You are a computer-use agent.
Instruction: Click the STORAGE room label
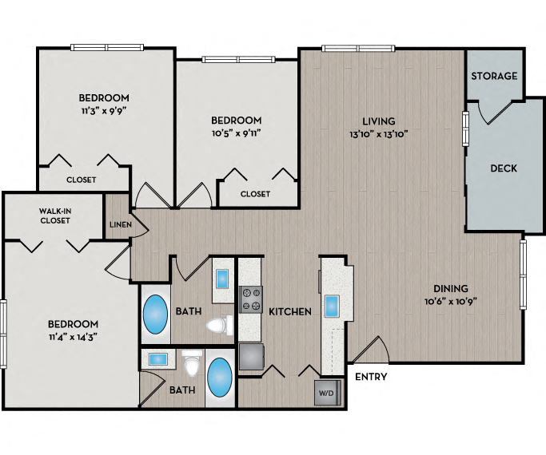point(493,76)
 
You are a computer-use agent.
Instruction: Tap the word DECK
point(504,168)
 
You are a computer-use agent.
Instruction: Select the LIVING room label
point(380,121)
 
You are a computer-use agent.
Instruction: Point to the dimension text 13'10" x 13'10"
point(380,134)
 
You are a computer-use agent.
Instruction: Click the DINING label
point(451,289)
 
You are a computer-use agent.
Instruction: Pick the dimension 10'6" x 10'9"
point(451,302)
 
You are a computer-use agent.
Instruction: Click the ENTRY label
point(370,377)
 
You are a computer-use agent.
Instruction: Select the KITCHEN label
point(289,311)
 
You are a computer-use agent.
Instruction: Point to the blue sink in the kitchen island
point(332,306)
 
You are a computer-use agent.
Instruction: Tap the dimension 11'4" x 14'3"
point(72,336)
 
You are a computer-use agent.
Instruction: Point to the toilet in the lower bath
point(190,366)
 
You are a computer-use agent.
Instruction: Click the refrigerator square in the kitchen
point(251,356)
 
